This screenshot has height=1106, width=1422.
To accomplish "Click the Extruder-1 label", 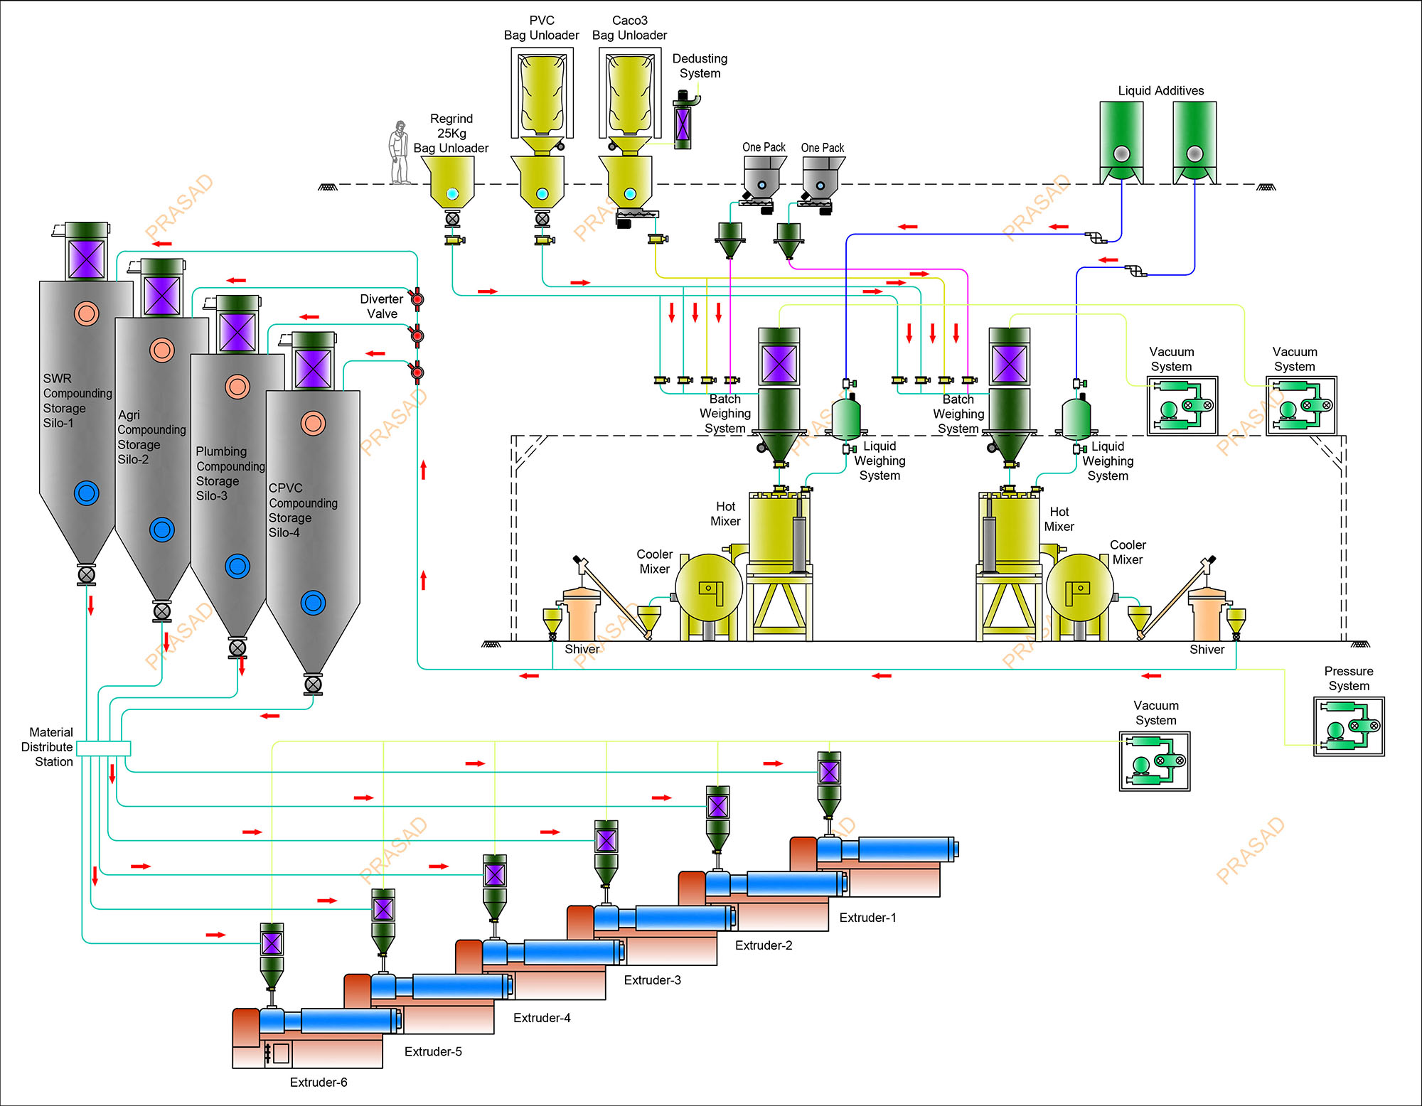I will pyautogui.click(x=867, y=918).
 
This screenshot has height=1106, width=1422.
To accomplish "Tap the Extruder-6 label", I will pyautogui.click(x=319, y=1083).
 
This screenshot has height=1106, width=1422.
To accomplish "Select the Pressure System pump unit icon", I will pyautogui.click(x=1349, y=726).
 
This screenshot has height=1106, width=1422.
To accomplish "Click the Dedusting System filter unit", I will pyautogui.click(x=683, y=124).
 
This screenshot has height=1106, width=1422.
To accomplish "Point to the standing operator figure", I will pyautogui.click(x=400, y=153).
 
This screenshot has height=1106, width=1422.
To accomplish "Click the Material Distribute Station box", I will pyautogui.click(x=104, y=748).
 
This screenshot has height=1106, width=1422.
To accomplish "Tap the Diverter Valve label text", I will pyautogui.click(x=382, y=306).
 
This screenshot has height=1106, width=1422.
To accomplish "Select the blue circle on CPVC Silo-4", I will pyautogui.click(x=313, y=603).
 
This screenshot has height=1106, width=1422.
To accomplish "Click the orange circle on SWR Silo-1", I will pyautogui.click(x=87, y=313).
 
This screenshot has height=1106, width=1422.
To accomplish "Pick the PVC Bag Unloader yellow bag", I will pyautogui.click(x=542, y=96).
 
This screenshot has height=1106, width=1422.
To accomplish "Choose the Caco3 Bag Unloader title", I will pyautogui.click(x=629, y=28).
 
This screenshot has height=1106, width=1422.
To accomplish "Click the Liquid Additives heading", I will pyautogui.click(x=1160, y=91).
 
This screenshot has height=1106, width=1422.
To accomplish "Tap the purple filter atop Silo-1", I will pyautogui.click(x=87, y=259).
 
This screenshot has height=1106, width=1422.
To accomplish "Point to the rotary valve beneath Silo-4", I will pyautogui.click(x=313, y=684).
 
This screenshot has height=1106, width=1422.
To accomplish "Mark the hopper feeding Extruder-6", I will pyautogui.click(x=272, y=956).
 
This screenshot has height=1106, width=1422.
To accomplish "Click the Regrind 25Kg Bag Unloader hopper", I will pyautogui.click(x=452, y=181).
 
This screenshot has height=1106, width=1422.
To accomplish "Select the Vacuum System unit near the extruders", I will pyautogui.click(x=1155, y=761).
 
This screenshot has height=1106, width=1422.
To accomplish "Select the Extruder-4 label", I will pyautogui.click(x=542, y=1018).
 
